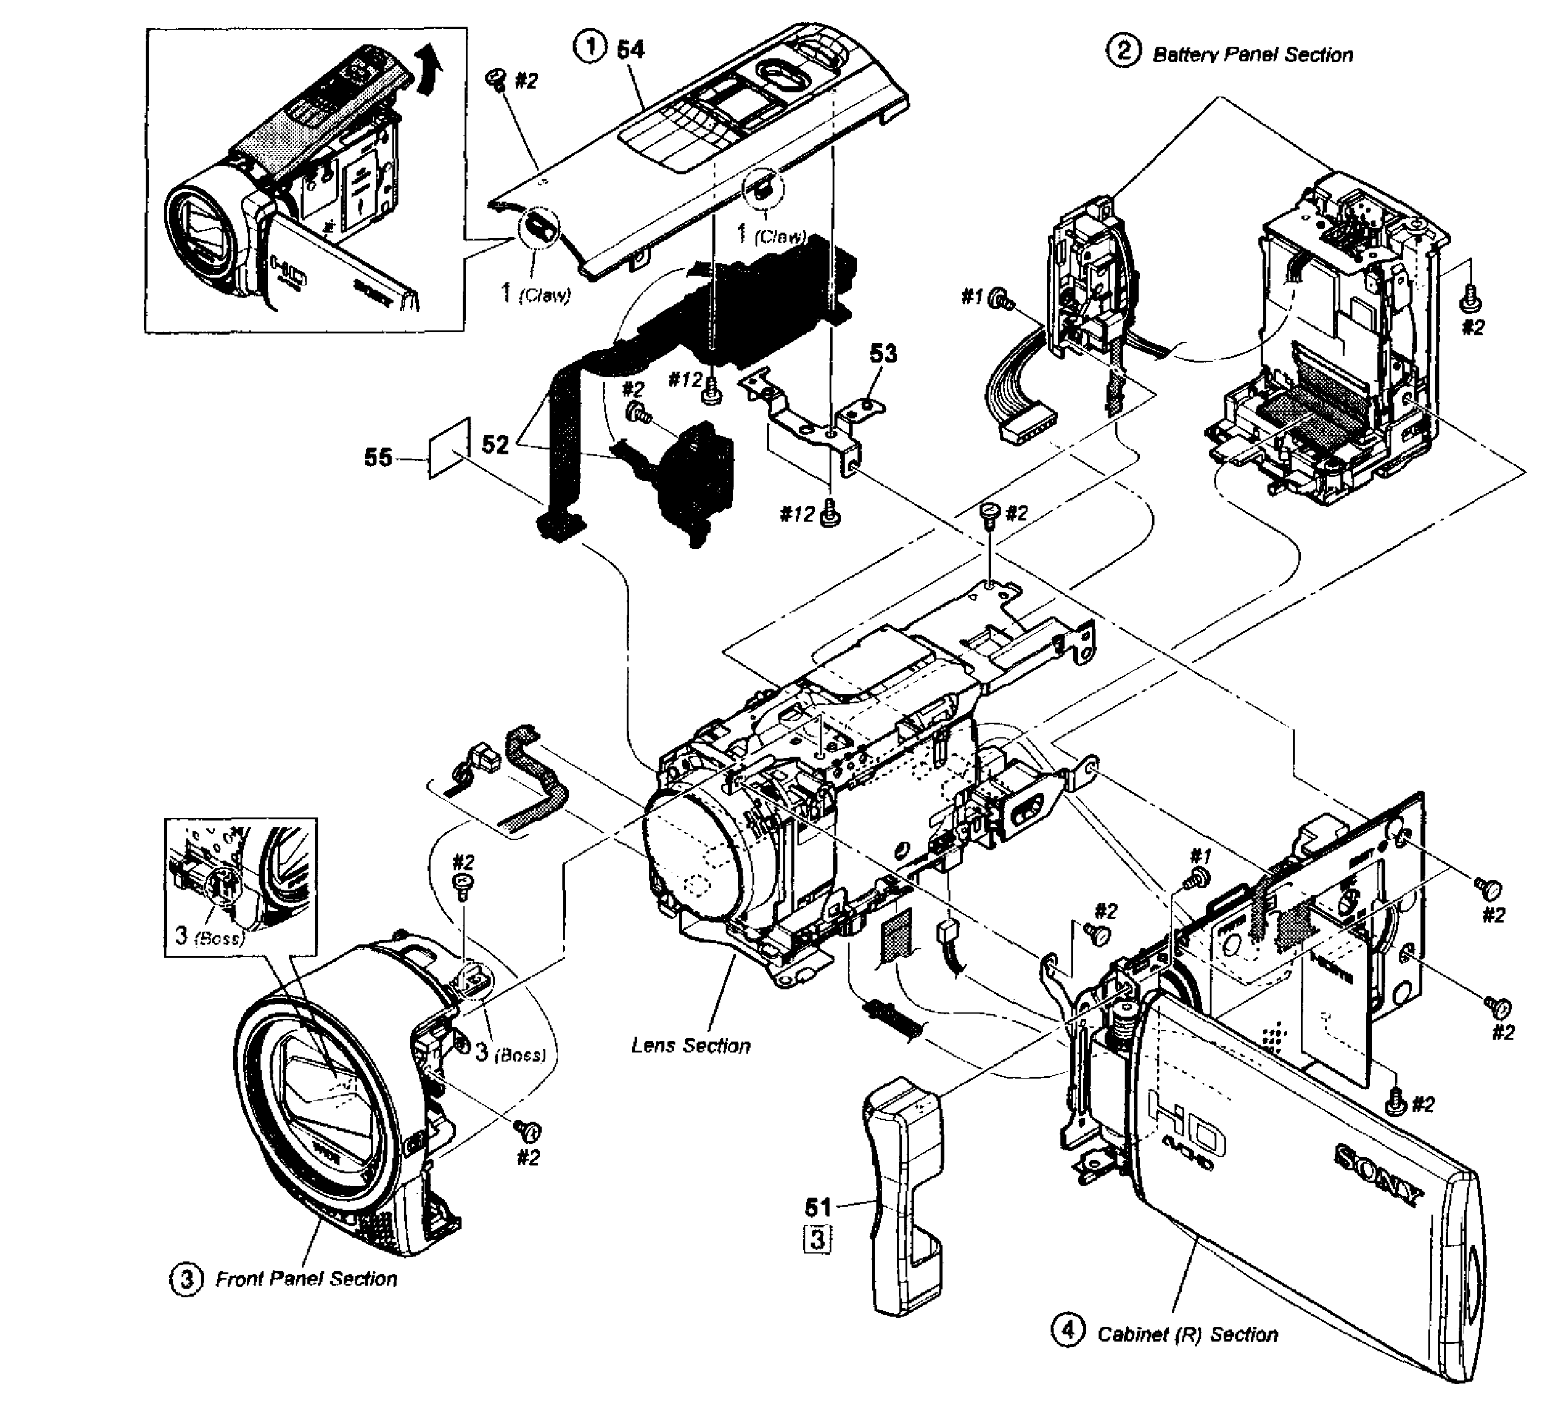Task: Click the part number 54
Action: (x=630, y=50)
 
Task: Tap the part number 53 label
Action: (x=883, y=354)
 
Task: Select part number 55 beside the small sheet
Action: (x=378, y=459)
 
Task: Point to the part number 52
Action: (x=496, y=445)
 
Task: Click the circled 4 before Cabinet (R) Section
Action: (x=1067, y=1329)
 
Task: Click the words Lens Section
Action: (x=690, y=1046)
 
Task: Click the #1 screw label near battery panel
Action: (x=972, y=296)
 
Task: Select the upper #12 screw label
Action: (x=685, y=380)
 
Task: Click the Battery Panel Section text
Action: (x=1252, y=55)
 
